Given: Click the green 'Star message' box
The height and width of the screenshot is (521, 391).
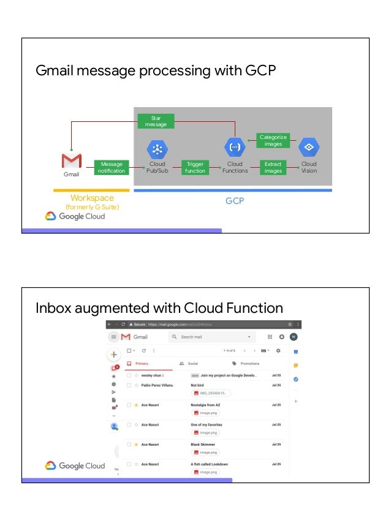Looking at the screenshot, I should click(156, 121).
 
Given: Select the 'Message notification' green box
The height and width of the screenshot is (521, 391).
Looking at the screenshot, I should click(112, 167).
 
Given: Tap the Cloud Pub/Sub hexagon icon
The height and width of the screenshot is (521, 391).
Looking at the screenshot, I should click(158, 149).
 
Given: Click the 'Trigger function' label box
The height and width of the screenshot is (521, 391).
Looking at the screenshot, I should click(195, 167).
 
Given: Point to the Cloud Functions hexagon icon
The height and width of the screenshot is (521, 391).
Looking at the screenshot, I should click(235, 148).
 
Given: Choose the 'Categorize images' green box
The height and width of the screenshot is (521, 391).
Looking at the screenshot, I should click(273, 140).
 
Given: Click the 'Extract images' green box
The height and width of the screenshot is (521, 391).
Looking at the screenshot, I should click(273, 167).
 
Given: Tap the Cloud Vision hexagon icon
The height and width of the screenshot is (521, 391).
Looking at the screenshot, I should click(309, 148).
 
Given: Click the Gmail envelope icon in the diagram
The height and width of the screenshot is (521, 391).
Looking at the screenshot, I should click(72, 161).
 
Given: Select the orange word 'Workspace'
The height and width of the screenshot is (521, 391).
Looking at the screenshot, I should click(92, 198).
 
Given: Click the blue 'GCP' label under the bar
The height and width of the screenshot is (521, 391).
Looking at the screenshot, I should click(235, 200).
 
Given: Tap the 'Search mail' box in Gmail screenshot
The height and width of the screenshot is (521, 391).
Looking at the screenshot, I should click(211, 337).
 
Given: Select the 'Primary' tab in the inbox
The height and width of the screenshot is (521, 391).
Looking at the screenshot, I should click(142, 364).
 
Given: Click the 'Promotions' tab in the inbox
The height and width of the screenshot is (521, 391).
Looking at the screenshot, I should click(249, 364).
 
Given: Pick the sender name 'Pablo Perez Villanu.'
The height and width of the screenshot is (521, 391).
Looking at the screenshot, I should click(158, 385).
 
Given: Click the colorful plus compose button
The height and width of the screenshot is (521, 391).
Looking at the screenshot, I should click(113, 354).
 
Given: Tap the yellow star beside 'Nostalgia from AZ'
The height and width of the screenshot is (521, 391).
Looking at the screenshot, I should click(135, 405).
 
